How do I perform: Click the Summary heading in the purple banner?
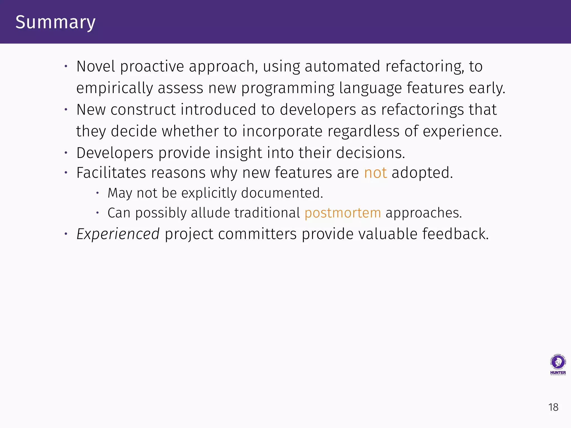coord(55,22)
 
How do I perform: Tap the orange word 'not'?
coord(375,173)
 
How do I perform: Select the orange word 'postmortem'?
coord(343,213)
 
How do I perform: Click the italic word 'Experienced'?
coord(118,234)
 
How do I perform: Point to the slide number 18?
coord(553,407)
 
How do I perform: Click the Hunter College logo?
coord(558,365)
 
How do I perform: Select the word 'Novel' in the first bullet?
coord(96,67)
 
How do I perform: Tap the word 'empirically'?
coord(115,88)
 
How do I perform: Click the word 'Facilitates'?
coord(111,173)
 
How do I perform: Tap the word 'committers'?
coord(257,234)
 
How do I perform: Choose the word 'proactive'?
coord(152,67)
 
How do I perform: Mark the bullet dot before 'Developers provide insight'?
coord(66,153)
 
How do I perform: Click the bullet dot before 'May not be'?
coord(97,193)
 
